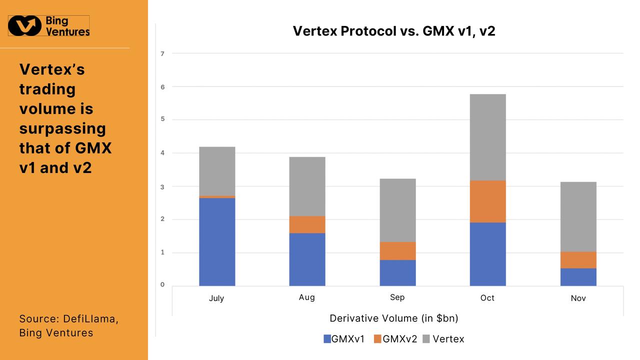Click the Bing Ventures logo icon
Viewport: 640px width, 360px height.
click(25, 25)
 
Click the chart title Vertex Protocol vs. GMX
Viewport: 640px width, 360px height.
click(393, 31)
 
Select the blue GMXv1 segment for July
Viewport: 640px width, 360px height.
click(217, 241)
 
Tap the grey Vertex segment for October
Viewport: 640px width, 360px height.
click(487, 137)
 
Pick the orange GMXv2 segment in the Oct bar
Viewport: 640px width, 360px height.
click(487, 201)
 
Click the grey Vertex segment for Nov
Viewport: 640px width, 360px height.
click(578, 216)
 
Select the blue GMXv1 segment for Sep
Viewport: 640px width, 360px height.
click(397, 272)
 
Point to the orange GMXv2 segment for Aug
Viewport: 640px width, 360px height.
click(307, 224)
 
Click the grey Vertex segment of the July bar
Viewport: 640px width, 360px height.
click(217, 171)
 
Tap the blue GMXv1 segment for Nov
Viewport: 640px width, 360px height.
click(578, 277)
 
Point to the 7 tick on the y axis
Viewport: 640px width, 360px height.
click(162, 53)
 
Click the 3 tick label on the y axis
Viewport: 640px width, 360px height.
click(162, 186)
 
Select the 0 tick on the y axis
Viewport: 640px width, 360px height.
click(162, 284)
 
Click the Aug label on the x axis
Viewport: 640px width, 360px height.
click(307, 297)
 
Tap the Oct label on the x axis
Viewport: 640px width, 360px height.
click(487, 298)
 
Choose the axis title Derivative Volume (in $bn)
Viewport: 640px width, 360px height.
click(394, 318)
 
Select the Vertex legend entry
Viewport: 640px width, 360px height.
click(443, 339)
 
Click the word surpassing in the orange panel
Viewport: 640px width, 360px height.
click(62, 128)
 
